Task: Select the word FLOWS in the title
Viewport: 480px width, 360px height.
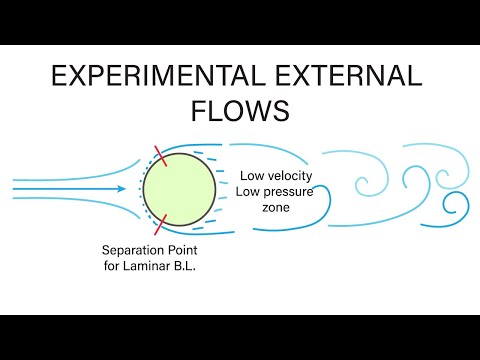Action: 240,110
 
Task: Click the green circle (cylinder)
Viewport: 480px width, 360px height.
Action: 178,188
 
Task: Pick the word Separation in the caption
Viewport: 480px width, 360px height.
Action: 136,249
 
